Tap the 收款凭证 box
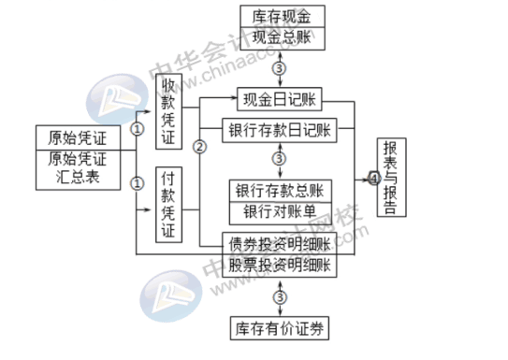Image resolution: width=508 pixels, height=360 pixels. [x=167, y=112]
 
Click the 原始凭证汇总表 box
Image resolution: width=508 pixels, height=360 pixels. [x=78, y=168]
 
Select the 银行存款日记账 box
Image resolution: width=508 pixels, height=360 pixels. [x=279, y=130]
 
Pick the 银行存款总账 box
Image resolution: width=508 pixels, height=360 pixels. [x=280, y=191]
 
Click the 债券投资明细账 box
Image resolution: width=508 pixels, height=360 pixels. [x=279, y=243]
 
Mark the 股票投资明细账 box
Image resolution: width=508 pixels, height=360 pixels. [x=279, y=266]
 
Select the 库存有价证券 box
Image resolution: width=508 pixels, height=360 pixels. [x=280, y=328]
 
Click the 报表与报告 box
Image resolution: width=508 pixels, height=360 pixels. [x=393, y=178]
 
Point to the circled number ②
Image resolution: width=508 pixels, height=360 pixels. [x=199, y=147]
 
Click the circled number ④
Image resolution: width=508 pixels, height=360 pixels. [x=373, y=178]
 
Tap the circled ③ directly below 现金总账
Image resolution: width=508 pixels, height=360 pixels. [x=279, y=67]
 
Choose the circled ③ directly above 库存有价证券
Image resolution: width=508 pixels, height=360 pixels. [x=279, y=297]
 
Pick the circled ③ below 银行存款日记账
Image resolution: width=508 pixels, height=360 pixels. [x=279, y=159]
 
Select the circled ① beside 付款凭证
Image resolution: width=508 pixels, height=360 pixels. [x=138, y=183]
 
